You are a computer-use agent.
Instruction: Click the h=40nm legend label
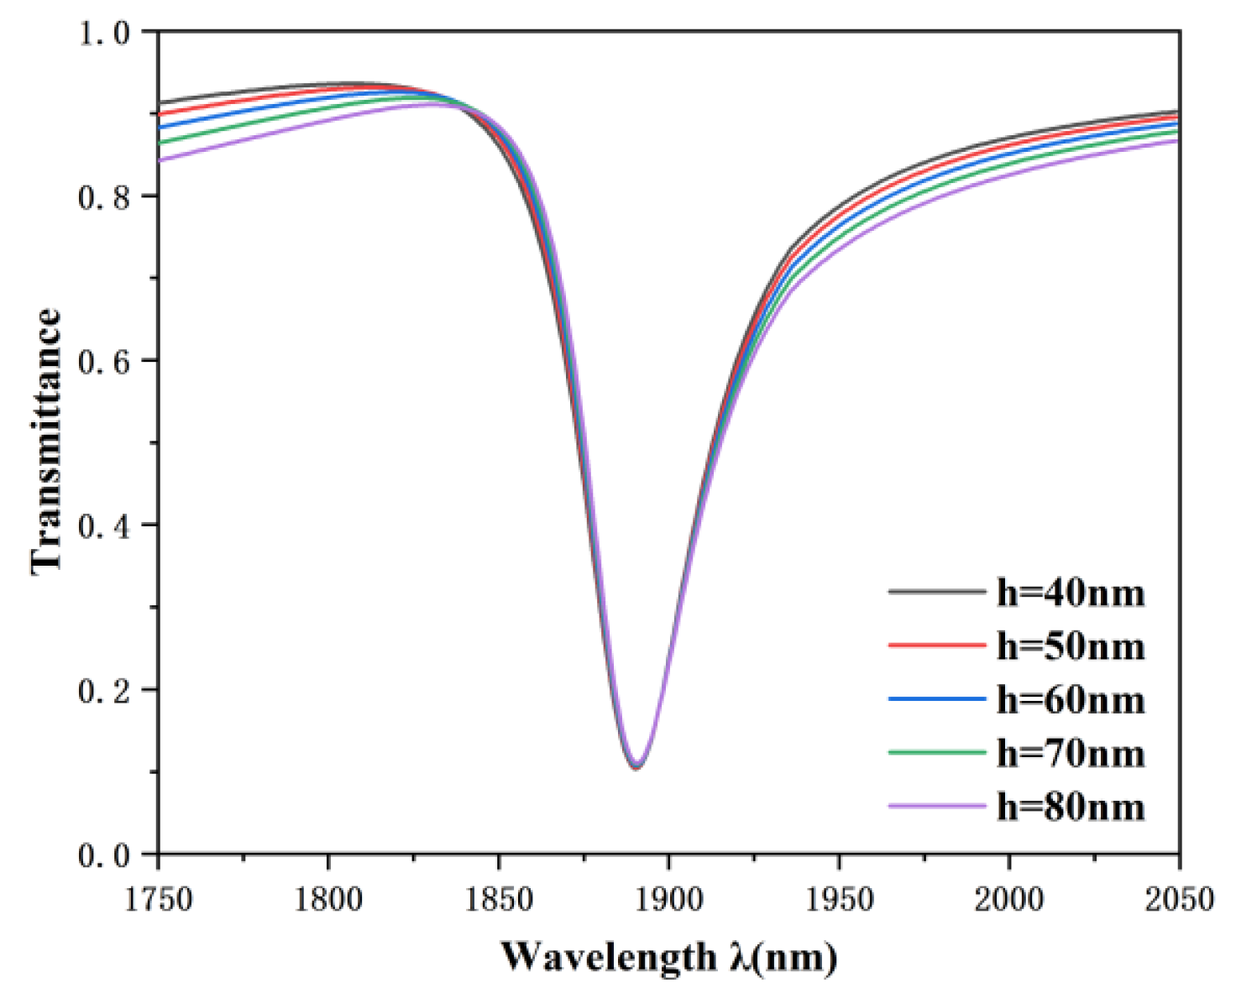click(1071, 593)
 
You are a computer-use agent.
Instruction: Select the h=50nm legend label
click(1071, 646)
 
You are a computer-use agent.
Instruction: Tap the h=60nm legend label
click(1071, 700)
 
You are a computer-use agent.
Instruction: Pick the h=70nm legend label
click(1071, 754)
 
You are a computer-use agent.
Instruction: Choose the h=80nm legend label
click(1071, 807)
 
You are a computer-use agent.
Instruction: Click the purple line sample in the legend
click(936, 807)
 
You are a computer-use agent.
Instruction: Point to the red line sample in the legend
click(936, 645)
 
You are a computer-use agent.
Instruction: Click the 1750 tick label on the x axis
click(159, 900)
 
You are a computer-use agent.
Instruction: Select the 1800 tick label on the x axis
click(328, 900)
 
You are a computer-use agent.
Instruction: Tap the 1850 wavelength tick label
click(499, 900)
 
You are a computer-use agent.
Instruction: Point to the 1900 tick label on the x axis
click(669, 900)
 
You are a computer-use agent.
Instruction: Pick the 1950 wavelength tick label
click(839, 900)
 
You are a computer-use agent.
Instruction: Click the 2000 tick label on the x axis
click(1009, 900)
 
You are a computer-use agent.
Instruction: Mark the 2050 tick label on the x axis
click(1179, 900)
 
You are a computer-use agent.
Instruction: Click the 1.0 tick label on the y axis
click(104, 33)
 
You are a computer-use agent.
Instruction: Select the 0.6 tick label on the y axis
click(104, 362)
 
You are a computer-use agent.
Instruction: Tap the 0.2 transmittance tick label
click(104, 691)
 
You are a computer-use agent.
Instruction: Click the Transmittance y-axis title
click(47, 442)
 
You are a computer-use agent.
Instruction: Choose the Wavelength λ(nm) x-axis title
click(669, 957)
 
